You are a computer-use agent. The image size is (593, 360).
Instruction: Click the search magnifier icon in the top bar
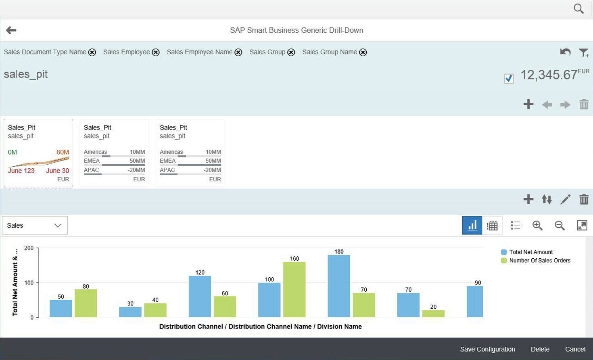(x=579, y=9)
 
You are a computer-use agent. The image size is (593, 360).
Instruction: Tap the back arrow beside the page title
(x=11, y=30)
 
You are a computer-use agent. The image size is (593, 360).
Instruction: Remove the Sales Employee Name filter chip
(x=238, y=52)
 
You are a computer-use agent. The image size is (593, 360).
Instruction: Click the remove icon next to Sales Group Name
(x=363, y=52)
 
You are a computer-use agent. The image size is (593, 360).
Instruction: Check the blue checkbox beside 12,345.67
(x=509, y=78)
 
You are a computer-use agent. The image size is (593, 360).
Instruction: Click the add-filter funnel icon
(x=583, y=53)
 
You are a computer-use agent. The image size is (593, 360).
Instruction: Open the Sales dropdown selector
(x=35, y=226)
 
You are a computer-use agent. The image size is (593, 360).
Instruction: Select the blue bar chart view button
(x=472, y=226)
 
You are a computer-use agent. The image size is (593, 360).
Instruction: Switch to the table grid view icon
(x=492, y=226)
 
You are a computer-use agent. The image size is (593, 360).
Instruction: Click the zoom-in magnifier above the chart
(x=537, y=226)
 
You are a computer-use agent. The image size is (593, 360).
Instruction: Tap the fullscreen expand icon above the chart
(x=582, y=226)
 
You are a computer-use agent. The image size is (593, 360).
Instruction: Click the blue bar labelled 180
(x=339, y=286)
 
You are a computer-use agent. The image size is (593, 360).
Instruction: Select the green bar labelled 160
(x=294, y=289)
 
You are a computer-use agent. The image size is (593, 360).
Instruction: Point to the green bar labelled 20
(x=433, y=314)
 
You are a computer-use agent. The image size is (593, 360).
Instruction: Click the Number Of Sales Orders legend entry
(x=536, y=260)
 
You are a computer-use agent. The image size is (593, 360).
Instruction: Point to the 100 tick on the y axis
(x=29, y=283)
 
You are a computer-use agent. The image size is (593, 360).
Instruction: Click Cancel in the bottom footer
(x=575, y=349)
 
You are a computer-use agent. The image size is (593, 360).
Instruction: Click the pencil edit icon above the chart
(x=565, y=199)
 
